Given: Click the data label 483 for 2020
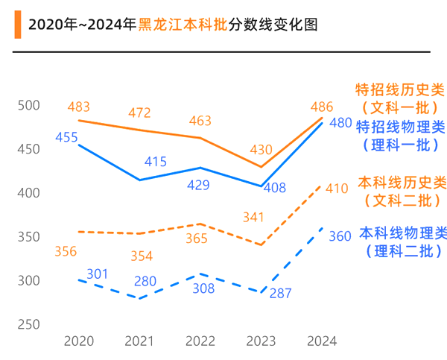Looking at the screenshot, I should click(x=78, y=107).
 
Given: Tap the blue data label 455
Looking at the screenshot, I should click(x=66, y=138).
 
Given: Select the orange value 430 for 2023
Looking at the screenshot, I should click(x=260, y=150).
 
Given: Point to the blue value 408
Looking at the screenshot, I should click(x=275, y=188).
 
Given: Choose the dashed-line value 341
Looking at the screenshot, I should click(x=255, y=218).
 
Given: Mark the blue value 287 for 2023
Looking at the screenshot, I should click(x=280, y=293).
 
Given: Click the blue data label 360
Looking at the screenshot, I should click(x=340, y=236).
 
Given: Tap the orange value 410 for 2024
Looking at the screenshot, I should click(x=337, y=189).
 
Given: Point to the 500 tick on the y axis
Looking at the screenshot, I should click(x=29, y=106).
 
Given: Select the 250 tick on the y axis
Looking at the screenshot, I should click(x=29, y=325).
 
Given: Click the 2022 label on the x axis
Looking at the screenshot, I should click(x=200, y=341).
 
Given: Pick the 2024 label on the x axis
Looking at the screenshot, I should click(x=322, y=341).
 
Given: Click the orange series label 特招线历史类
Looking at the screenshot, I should click(x=401, y=91).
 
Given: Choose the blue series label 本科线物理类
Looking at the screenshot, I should click(x=403, y=233).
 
